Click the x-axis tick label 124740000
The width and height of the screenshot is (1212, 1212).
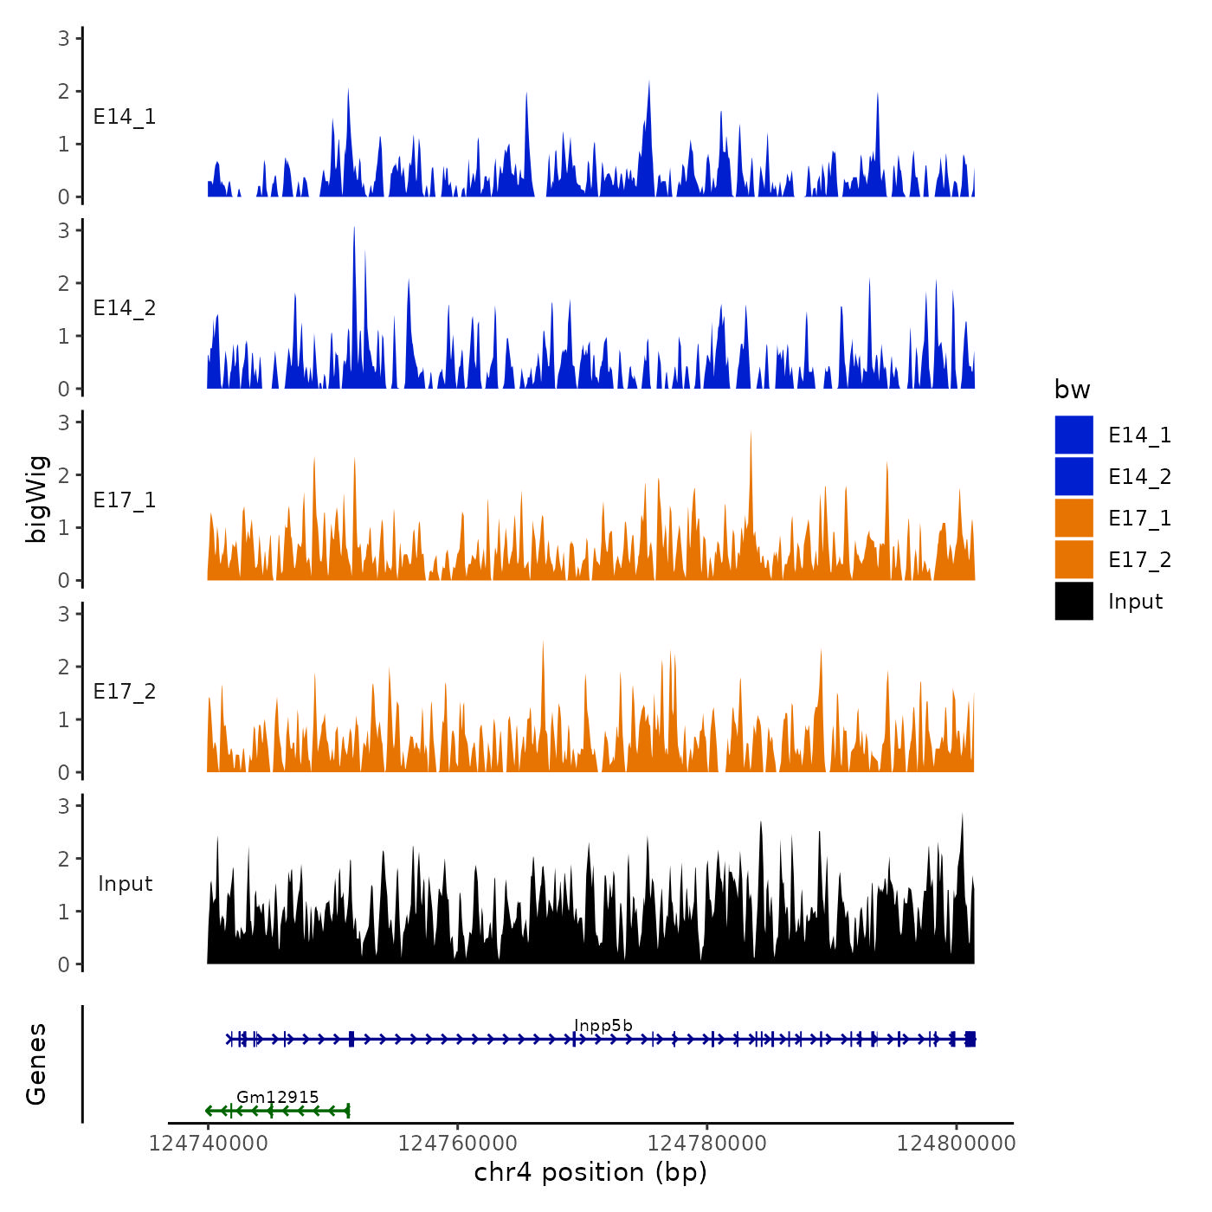click(x=208, y=1144)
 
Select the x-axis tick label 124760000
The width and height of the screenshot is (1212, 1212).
click(x=457, y=1144)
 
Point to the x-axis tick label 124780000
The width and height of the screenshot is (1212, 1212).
click(x=707, y=1144)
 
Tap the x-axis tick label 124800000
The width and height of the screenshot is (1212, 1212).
click(x=956, y=1144)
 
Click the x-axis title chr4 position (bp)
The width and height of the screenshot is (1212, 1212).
click(x=590, y=1173)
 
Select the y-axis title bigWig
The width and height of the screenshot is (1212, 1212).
click(x=36, y=500)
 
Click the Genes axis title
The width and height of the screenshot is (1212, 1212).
click(x=36, y=1064)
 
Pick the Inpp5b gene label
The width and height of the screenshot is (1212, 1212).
click(x=603, y=1026)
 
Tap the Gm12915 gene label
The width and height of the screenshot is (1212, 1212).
click(x=277, y=1098)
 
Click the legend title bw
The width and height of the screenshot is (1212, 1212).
click(x=1072, y=390)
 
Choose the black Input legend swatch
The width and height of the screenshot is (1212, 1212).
click(x=1073, y=601)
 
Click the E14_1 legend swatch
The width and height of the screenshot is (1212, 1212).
click(x=1073, y=435)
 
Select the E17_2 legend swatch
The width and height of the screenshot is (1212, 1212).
click(x=1073, y=559)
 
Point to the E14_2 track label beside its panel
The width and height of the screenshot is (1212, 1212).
click(x=125, y=308)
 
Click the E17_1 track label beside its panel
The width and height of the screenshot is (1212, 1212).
click(x=125, y=500)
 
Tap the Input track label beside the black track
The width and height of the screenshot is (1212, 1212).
click(x=125, y=884)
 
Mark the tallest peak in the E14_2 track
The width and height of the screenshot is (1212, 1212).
click(x=354, y=229)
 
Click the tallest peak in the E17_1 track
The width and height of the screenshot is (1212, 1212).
click(x=751, y=434)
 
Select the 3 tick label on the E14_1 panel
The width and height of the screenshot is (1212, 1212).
click(x=64, y=38)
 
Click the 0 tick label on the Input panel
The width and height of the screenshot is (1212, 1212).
click(x=64, y=964)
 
